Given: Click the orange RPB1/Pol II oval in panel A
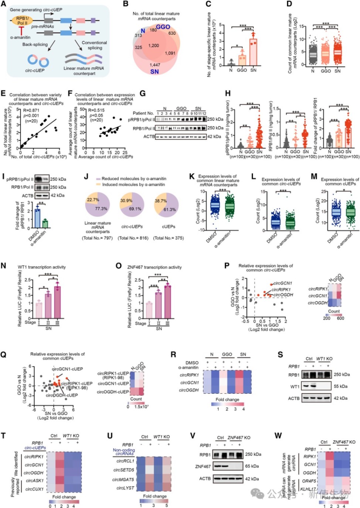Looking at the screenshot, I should coord(23,21).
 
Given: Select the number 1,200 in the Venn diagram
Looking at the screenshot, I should coord(154,46).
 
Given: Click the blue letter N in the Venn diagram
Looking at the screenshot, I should coord(143,31).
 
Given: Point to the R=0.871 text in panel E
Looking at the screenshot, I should coord(31,110).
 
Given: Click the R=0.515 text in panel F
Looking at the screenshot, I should coord(96,110).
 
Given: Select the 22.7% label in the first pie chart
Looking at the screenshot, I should coord(93,200).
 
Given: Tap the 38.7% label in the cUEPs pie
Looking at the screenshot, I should coord(161,201).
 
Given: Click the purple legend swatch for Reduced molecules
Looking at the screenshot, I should coord(98,179).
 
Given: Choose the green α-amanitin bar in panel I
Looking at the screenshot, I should coord(45,224).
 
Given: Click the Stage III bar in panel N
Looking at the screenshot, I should coord(57,302).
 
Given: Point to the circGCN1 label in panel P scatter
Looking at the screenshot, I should coord(283,283).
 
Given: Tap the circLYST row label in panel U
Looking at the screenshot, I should coord(125,488).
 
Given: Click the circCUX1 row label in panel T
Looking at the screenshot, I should coord(34,489).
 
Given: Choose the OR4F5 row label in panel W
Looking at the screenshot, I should coord(309,481).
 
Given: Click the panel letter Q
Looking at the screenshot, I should coord(3,355).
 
